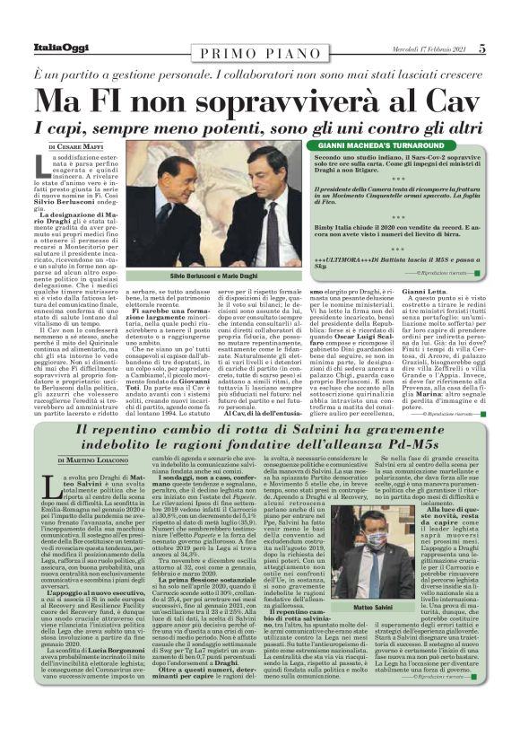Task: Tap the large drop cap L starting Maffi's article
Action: click(43, 165)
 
